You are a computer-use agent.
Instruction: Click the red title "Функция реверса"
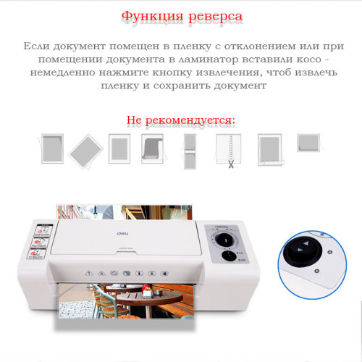pyautogui.click(x=181, y=16)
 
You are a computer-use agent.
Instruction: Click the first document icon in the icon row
pyautogui.click(x=51, y=147)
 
